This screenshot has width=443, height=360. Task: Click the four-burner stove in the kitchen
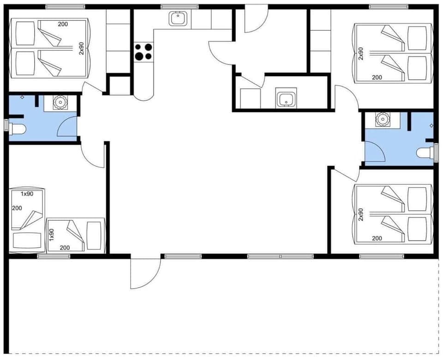(x=143, y=51)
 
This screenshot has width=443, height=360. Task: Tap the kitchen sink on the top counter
(x=177, y=19)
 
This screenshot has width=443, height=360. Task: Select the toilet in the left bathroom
(x=17, y=128)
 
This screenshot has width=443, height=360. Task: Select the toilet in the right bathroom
(x=425, y=153)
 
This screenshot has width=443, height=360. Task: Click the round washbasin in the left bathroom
(x=60, y=102)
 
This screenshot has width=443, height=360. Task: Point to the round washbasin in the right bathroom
(x=382, y=119)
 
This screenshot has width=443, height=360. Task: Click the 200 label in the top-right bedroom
(x=377, y=77)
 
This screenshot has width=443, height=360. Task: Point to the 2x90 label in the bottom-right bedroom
(x=361, y=214)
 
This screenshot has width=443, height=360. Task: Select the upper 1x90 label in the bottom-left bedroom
(x=27, y=194)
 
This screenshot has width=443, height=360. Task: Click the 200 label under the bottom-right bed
(x=377, y=238)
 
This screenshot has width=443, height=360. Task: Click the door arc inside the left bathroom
(x=67, y=126)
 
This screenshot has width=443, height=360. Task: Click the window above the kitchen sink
(x=180, y=6)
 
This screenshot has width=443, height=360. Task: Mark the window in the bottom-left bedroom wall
(x=47, y=256)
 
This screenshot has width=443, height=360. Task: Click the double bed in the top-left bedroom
(x=48, y=48)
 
